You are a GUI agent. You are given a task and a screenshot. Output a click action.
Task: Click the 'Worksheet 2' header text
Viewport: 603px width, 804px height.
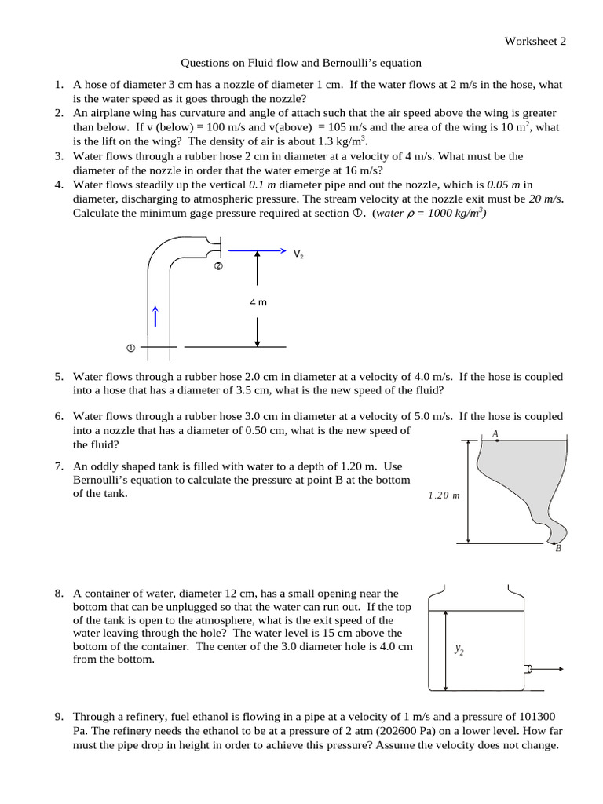point(535,41)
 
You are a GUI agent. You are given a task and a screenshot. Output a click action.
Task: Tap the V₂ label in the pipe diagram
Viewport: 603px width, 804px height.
point(298,254)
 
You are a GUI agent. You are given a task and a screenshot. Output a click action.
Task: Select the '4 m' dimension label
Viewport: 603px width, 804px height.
point(258,301)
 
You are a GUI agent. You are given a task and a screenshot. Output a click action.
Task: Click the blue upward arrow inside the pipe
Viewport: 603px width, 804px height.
point(156,316)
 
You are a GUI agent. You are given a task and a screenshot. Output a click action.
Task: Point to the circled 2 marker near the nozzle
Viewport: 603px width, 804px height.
point(219,267)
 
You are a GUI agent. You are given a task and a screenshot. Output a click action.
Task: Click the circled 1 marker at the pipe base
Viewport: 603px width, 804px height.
point(130,347)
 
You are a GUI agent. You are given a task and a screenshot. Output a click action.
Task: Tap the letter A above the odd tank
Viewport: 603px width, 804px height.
point(495,433)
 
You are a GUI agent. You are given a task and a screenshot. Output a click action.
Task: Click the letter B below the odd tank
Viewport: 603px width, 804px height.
point(558,549)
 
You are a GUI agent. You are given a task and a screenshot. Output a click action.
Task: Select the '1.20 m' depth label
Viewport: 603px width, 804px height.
point(444,495)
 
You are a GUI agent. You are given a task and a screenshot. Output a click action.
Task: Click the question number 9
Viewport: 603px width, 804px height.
point(59,717)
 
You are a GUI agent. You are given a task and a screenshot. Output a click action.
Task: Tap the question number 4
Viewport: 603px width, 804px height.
point(59,185)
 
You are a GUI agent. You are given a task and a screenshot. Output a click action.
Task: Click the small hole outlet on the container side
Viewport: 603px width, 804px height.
point(529,669)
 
